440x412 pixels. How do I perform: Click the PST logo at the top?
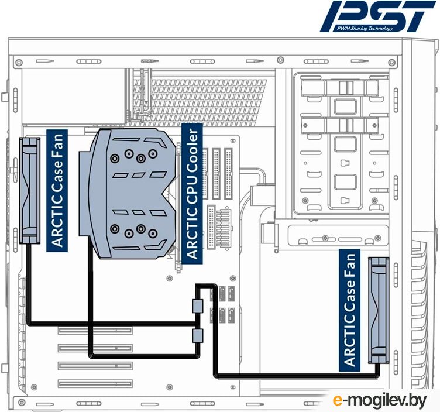(378, 16)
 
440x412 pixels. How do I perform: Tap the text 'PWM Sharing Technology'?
(365, 28)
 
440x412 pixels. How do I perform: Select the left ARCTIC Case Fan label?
(57, 191)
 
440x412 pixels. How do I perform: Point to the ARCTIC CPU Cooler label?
(192, 194)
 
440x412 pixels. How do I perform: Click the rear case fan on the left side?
(29, 191)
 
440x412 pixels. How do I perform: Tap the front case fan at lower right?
(379, 310)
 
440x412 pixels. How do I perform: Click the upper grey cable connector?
(198, 306)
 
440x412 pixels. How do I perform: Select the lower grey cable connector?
(198, 336)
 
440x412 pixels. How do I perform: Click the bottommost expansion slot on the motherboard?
(95, 384)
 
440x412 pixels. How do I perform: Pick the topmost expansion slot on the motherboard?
(95, 330)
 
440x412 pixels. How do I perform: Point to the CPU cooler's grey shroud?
(128, 194)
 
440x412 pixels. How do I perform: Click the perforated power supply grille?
(200, 102)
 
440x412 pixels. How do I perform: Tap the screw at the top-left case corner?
(19, 62)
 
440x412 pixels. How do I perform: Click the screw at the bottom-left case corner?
(21, 403)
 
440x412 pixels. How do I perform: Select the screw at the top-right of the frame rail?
(392, 62)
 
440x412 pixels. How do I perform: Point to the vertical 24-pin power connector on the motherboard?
(211, 227)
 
